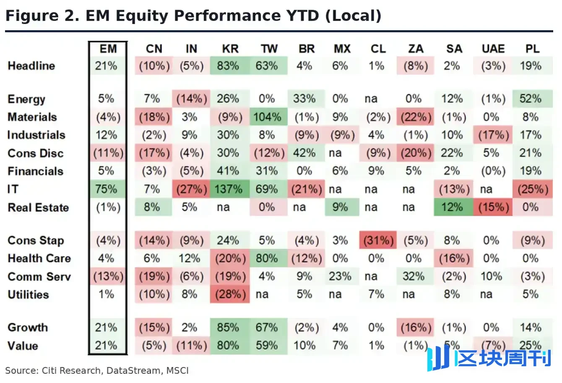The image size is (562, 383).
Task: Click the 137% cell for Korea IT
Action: (x=230, y=189)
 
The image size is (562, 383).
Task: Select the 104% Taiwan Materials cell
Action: (x=268, y=117)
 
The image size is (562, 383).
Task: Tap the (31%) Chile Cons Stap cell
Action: (x=378, y=240)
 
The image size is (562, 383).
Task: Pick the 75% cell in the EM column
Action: (x=107, y=189)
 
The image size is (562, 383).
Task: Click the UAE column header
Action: (x=493, y=49)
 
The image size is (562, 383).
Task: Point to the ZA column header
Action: (x=416, y=49)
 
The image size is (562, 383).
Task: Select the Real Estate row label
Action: (x=38, y=207)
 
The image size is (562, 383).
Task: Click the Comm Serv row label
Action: (x=39, y=276)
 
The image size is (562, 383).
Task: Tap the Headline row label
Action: (x=31, y=66)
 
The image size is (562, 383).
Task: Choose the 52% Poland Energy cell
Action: (x=532, y=99)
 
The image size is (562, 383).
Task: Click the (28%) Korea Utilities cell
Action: (x=230, y=294)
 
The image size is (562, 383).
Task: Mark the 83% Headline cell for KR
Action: (x=230, y=66)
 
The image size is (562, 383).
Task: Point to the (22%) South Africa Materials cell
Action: (x=415, y=117)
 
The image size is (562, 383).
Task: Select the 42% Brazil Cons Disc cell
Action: (x=306, y=153)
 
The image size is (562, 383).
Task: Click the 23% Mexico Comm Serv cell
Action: (x=342, y=276)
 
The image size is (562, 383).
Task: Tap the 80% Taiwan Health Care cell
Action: (x=268, y=258)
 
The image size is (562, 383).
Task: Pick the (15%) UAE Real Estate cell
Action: (x=493, y=207)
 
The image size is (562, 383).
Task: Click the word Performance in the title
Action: (x=227, y=16)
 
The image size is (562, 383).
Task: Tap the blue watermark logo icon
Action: (x=438, y=358)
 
